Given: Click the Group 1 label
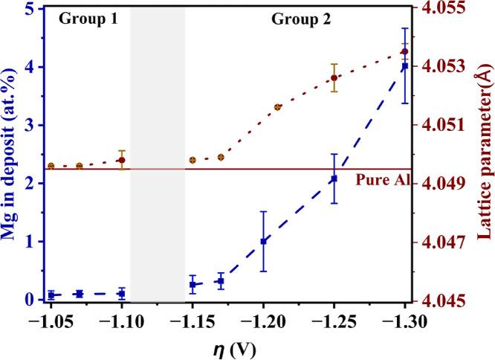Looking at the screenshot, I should pos(88,19).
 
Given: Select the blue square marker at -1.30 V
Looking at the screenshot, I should pos(404,67).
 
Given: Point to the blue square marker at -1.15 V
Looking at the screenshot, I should pos(192,285).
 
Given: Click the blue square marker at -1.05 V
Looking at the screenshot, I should pos(51,295).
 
